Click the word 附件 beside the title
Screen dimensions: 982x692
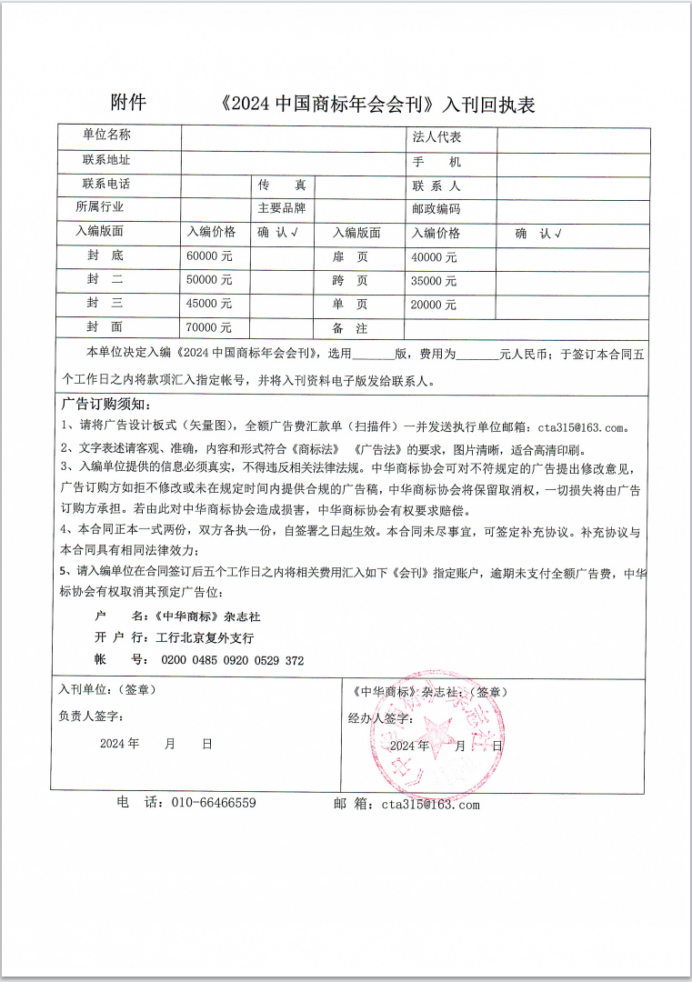point(128,102)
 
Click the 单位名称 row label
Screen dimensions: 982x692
point(106,135)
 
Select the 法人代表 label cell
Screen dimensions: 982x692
point(436,137)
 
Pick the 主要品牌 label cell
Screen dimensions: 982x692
point(281,208)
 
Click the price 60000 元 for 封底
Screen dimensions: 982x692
point(209,256)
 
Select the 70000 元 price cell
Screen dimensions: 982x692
point(209,327)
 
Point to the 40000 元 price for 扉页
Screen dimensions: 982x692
point(433,257)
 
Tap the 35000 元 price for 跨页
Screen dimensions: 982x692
point(433,281)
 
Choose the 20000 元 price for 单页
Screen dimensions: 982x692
point(433,305)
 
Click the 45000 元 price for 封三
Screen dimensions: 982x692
point(209,304)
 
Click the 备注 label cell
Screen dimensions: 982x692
point(350,328)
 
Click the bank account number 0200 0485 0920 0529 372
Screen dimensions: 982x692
point(232,660)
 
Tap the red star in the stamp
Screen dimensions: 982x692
point(435,733)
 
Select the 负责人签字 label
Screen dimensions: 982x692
point(91,716)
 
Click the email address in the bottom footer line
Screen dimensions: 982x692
point(430,804)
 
